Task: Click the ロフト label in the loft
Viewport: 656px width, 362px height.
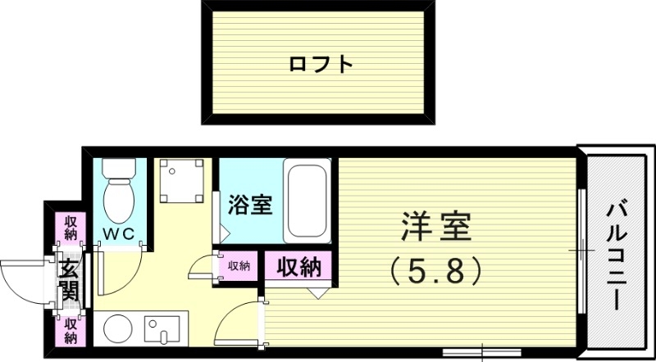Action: (x=321, y=63)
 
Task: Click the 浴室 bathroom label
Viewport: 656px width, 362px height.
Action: (x=249, y=204)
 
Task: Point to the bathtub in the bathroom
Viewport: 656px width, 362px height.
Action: (x=307, y=198)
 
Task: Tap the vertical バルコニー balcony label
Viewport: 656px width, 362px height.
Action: (x=617, y=254)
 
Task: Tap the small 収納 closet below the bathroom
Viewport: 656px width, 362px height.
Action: (x=239, y=265)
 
